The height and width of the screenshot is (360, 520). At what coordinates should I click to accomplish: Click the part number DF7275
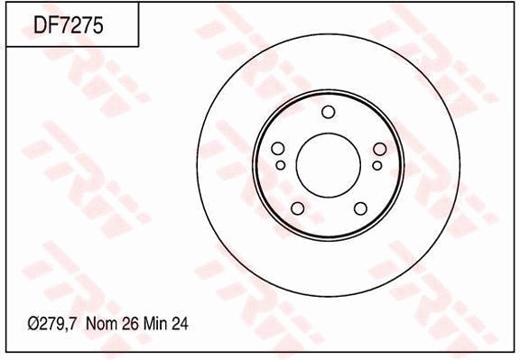69,25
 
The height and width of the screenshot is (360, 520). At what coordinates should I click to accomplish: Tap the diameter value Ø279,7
52,324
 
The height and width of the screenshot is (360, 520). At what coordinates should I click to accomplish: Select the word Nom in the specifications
101,324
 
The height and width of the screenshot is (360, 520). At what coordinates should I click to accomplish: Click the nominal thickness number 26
130,324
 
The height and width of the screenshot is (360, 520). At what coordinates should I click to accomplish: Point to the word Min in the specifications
156,324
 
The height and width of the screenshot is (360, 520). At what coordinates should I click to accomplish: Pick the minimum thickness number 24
180,324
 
